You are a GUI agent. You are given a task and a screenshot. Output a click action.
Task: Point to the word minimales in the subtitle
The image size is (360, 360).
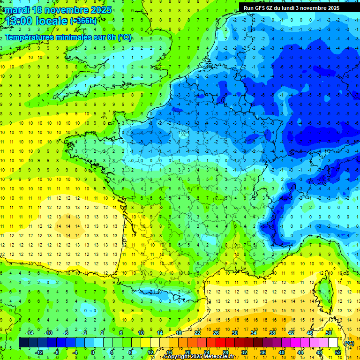pos(83,37)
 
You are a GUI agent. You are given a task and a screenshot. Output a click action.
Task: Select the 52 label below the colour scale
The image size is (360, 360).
pos(338,352)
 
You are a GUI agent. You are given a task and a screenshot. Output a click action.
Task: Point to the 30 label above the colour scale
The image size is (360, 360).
pos(235,332)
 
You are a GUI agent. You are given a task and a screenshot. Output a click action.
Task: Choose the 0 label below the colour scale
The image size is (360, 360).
pos(93,352)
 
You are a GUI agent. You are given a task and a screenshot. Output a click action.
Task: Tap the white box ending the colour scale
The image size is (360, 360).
pos(333,343)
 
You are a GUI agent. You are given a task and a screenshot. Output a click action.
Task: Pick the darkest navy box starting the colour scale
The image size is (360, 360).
pos(23,343)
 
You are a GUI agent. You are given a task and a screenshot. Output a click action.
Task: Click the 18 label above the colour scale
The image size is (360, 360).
pos(179,332)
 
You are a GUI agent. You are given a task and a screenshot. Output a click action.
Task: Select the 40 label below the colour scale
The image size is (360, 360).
pos(282,352)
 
